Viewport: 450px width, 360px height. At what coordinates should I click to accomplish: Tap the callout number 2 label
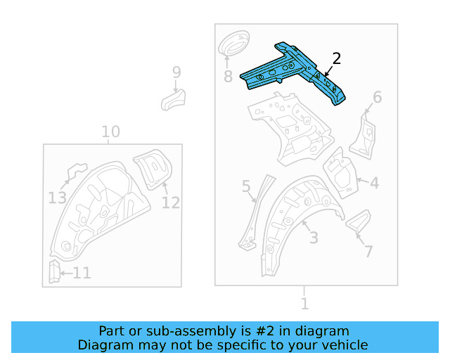336,59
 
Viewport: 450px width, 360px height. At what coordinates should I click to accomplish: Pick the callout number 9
176,72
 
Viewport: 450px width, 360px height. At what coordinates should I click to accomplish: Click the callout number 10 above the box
110,132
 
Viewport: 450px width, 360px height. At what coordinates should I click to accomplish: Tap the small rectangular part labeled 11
53,271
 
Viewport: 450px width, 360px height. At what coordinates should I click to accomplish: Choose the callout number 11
82,273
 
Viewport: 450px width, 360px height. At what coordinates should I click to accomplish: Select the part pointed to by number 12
155,170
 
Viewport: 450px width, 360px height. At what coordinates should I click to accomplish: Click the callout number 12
171,202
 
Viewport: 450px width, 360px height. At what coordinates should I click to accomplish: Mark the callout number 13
58,198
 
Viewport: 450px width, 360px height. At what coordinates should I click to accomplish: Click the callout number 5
246,186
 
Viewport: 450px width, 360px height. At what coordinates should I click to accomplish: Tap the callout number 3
314,237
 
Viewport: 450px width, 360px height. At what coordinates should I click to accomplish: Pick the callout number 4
374,184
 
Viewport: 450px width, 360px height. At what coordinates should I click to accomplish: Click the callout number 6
377,98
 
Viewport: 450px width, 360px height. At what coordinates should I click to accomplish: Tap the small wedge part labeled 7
358,221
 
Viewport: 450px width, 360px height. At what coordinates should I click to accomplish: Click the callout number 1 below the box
304,304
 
